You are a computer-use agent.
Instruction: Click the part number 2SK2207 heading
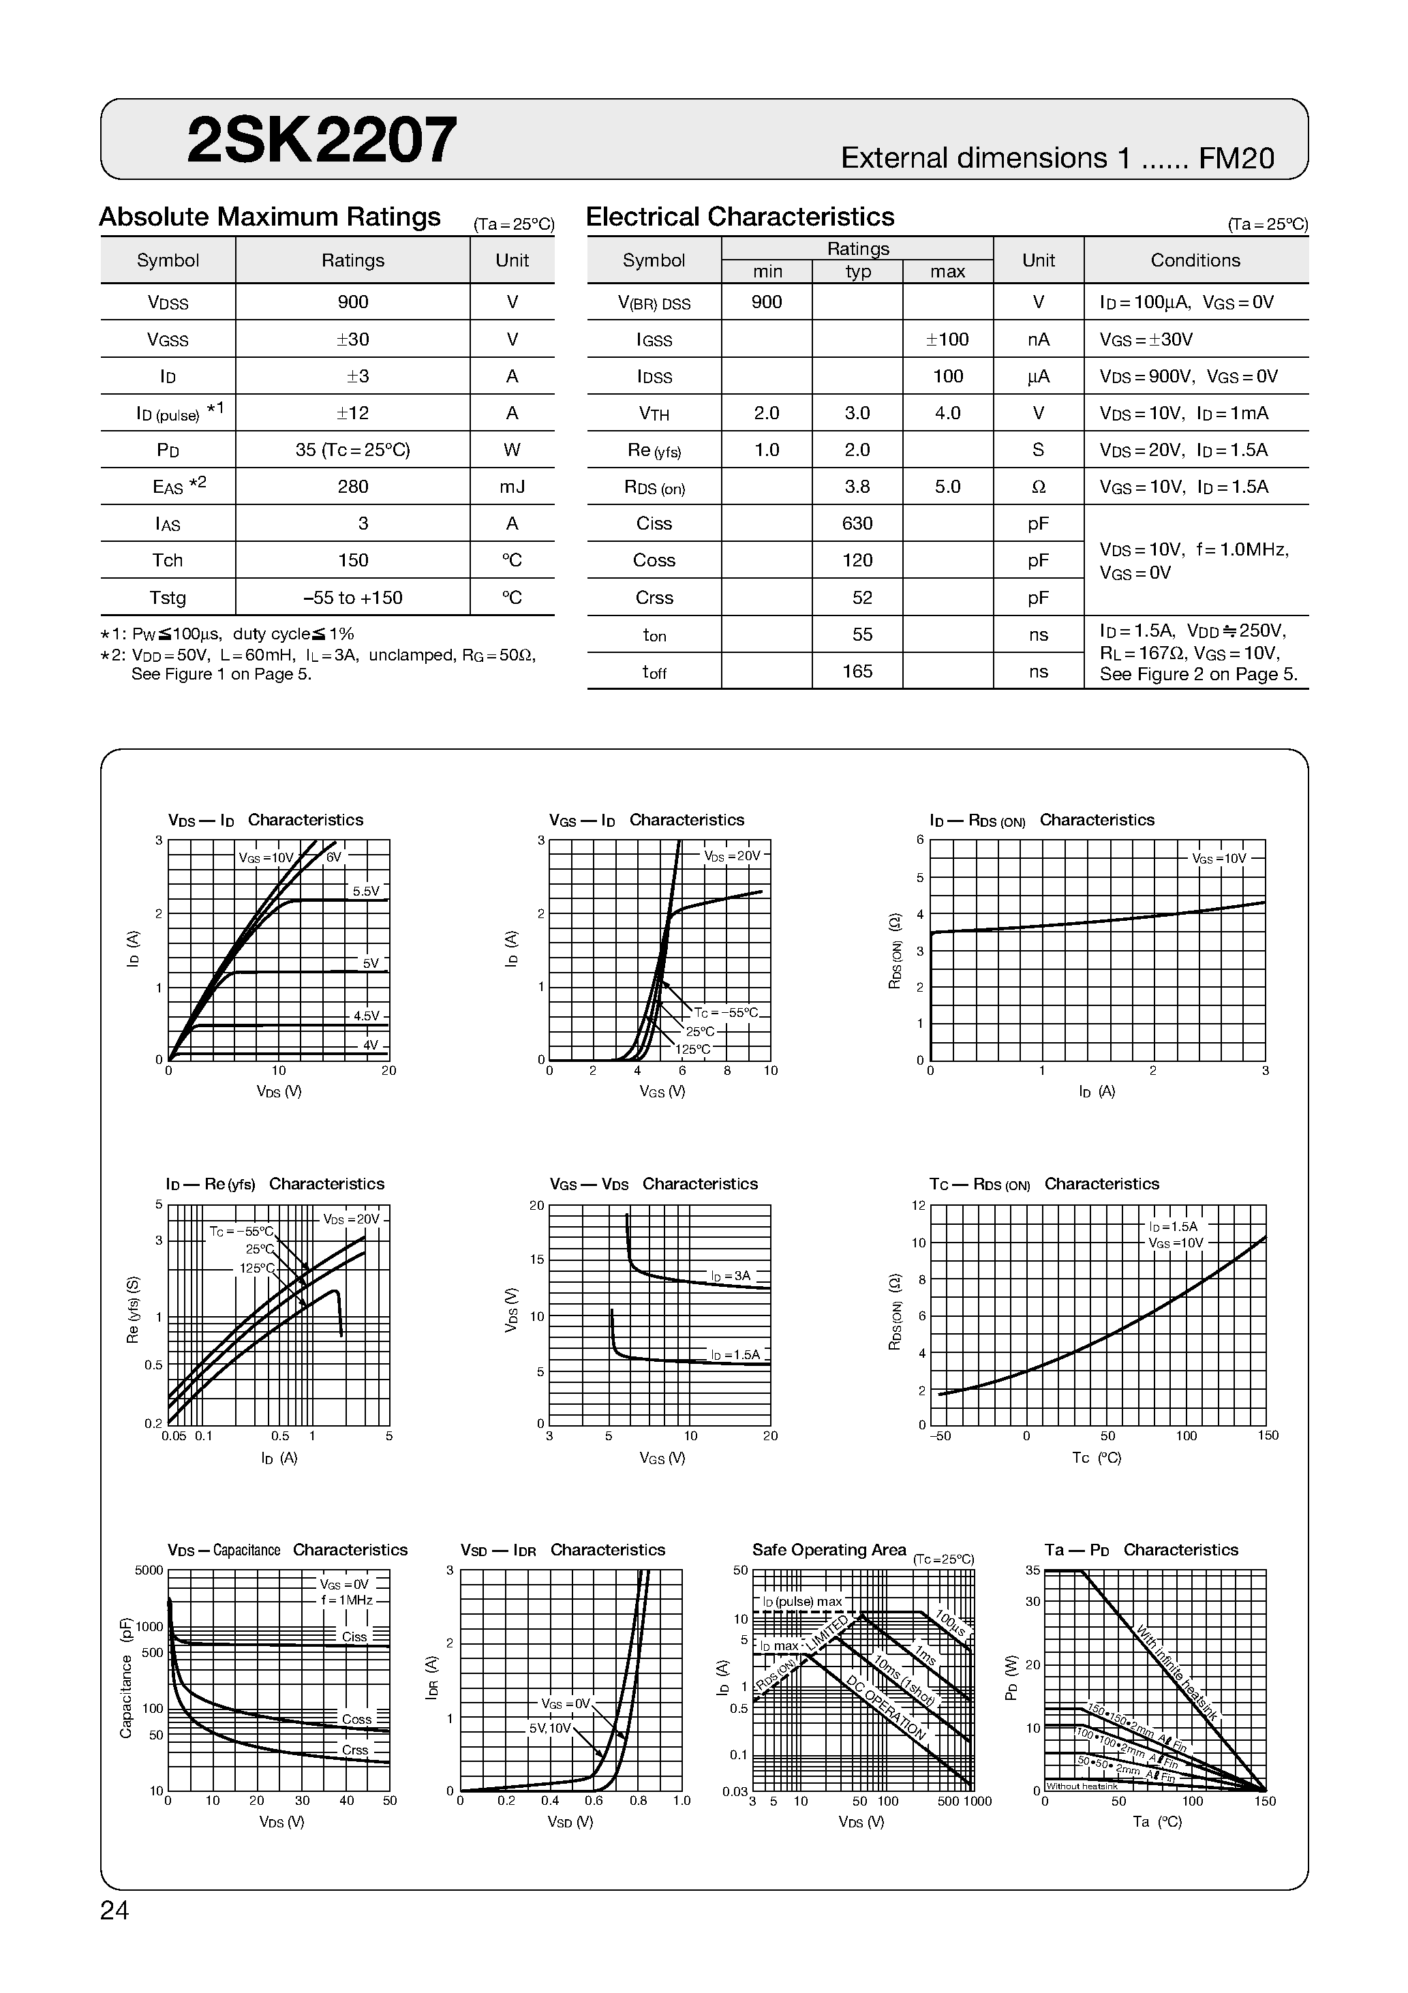coord(321,140)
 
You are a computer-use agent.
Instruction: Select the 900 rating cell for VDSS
coord(352,302)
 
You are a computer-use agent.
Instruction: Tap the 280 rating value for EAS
coord(352,486)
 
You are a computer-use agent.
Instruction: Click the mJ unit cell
coord(512,486)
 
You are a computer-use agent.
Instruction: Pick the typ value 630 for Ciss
coord(857,523)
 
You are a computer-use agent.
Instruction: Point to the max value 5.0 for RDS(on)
coord(947,486)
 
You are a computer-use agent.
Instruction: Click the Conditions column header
coord(1195,260)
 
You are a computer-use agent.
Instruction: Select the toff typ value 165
coord(857,671)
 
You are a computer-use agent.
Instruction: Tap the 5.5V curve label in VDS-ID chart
coord(365,892)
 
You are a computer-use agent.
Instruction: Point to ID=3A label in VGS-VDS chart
coord(730,1276)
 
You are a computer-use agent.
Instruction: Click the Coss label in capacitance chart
coord(356,1719)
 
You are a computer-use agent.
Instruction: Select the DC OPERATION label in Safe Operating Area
coord(886,1707)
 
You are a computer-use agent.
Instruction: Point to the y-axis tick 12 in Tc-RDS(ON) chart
coord(919,1205)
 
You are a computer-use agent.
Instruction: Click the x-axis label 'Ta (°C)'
coord(1157,1822)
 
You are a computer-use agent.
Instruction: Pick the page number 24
coord(114,1911)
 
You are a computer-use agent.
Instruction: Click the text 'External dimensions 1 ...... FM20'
coord(1056,158)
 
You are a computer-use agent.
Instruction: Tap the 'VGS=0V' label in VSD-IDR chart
coord(564,1704)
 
